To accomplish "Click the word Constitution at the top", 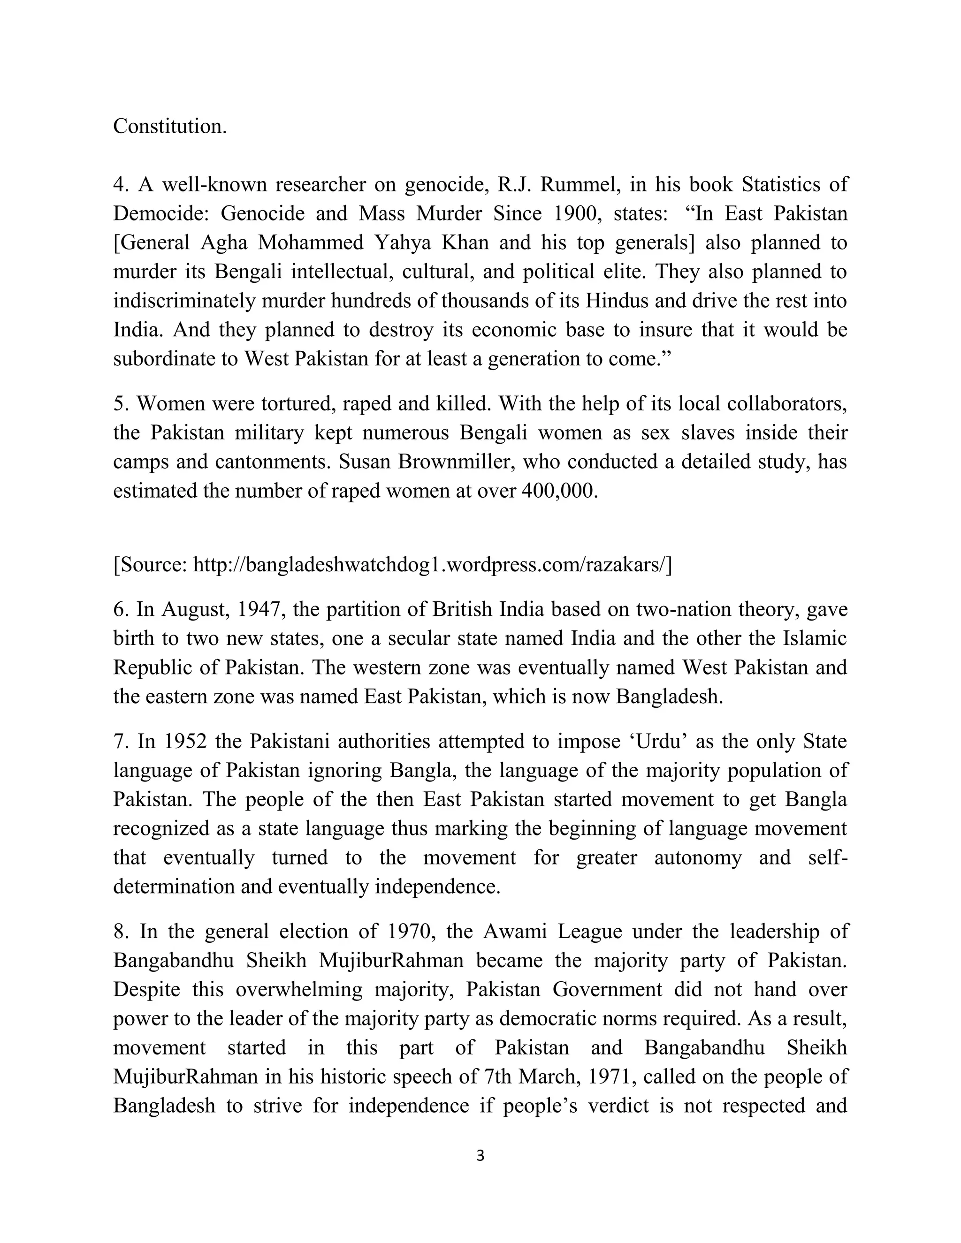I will [170, 126].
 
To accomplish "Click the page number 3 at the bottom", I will [480, 1156].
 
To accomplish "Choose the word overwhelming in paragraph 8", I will [299, 989].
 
